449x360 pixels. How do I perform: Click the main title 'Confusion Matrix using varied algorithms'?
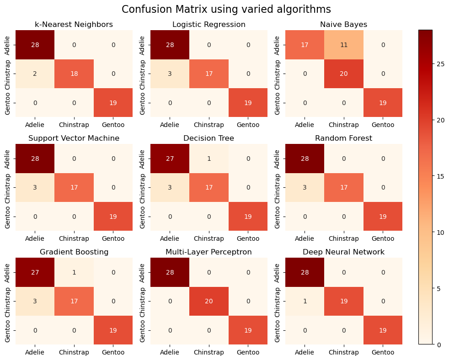pos(226,10)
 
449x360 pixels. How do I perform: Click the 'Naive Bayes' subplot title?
pos(343,24)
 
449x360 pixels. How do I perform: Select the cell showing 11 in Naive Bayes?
pos(343,45)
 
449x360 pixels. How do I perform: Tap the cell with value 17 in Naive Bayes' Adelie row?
pos(305,45)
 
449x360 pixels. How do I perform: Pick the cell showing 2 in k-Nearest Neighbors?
pos(35,74)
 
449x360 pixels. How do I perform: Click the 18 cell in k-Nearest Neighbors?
pos(74,74)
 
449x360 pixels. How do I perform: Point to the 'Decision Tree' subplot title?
pos(209,138)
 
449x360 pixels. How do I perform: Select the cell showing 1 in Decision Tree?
pos(209,159)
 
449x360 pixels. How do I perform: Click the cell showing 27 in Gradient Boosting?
pos(35,272)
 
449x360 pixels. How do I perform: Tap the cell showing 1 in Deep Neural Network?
pos(305,301)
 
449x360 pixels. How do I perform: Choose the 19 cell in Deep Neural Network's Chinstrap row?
pos(343,301)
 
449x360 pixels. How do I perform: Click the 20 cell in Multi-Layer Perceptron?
pos(209,301)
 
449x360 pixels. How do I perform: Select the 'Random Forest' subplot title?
pos(343,138)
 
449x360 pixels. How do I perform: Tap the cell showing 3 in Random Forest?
pos(305,187)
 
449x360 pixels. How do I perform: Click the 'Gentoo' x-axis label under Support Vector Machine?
pos(113,238)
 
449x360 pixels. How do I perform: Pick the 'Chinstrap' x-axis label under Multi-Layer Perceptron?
pos(209,352)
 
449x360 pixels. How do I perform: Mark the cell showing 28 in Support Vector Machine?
pos(35,159)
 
